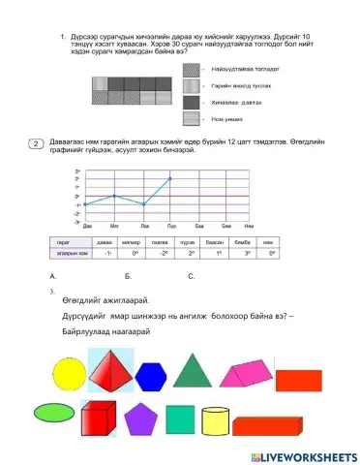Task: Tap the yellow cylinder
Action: [217, 423]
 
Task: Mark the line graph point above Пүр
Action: [170, 178]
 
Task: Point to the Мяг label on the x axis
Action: [113, 224]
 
